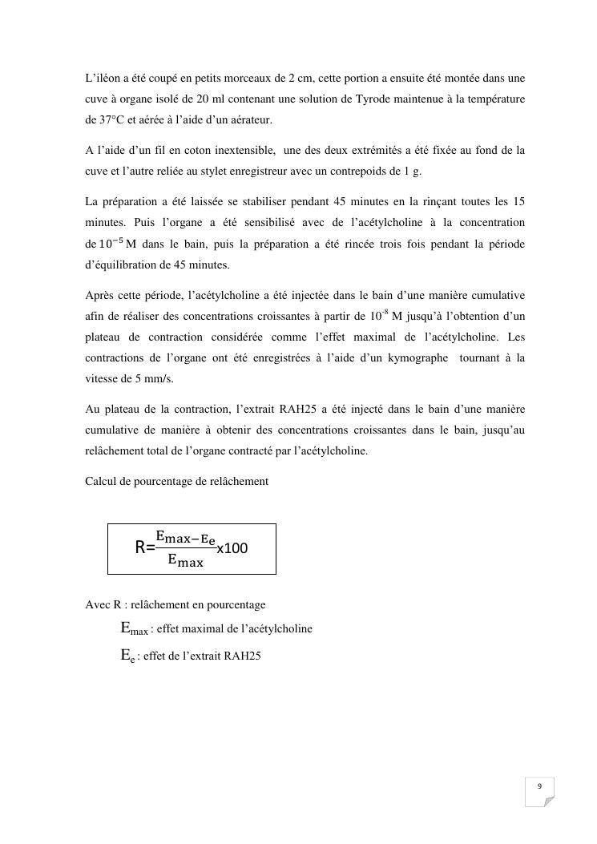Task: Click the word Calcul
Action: pos(101,481)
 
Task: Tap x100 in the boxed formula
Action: pos(232,548)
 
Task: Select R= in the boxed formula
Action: pos(144,548)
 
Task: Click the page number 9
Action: pos(539,786)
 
